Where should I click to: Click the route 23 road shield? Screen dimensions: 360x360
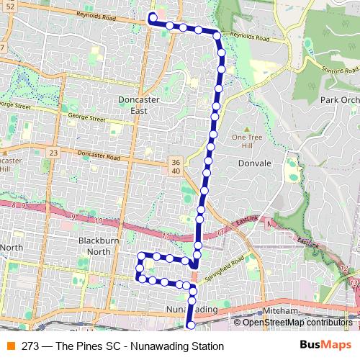tap(54, 153)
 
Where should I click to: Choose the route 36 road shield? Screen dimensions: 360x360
tap(176, 161)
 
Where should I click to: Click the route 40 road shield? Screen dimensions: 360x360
tap(176, 171)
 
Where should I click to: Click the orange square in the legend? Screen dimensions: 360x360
tap(9, 346)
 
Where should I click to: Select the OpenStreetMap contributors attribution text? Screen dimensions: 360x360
tap(298, 322)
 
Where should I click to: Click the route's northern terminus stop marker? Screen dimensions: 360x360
tap(153, 17)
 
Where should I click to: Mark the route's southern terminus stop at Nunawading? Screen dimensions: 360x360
tap(191, 325)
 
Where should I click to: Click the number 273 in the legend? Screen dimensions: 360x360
tap(30, 346)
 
